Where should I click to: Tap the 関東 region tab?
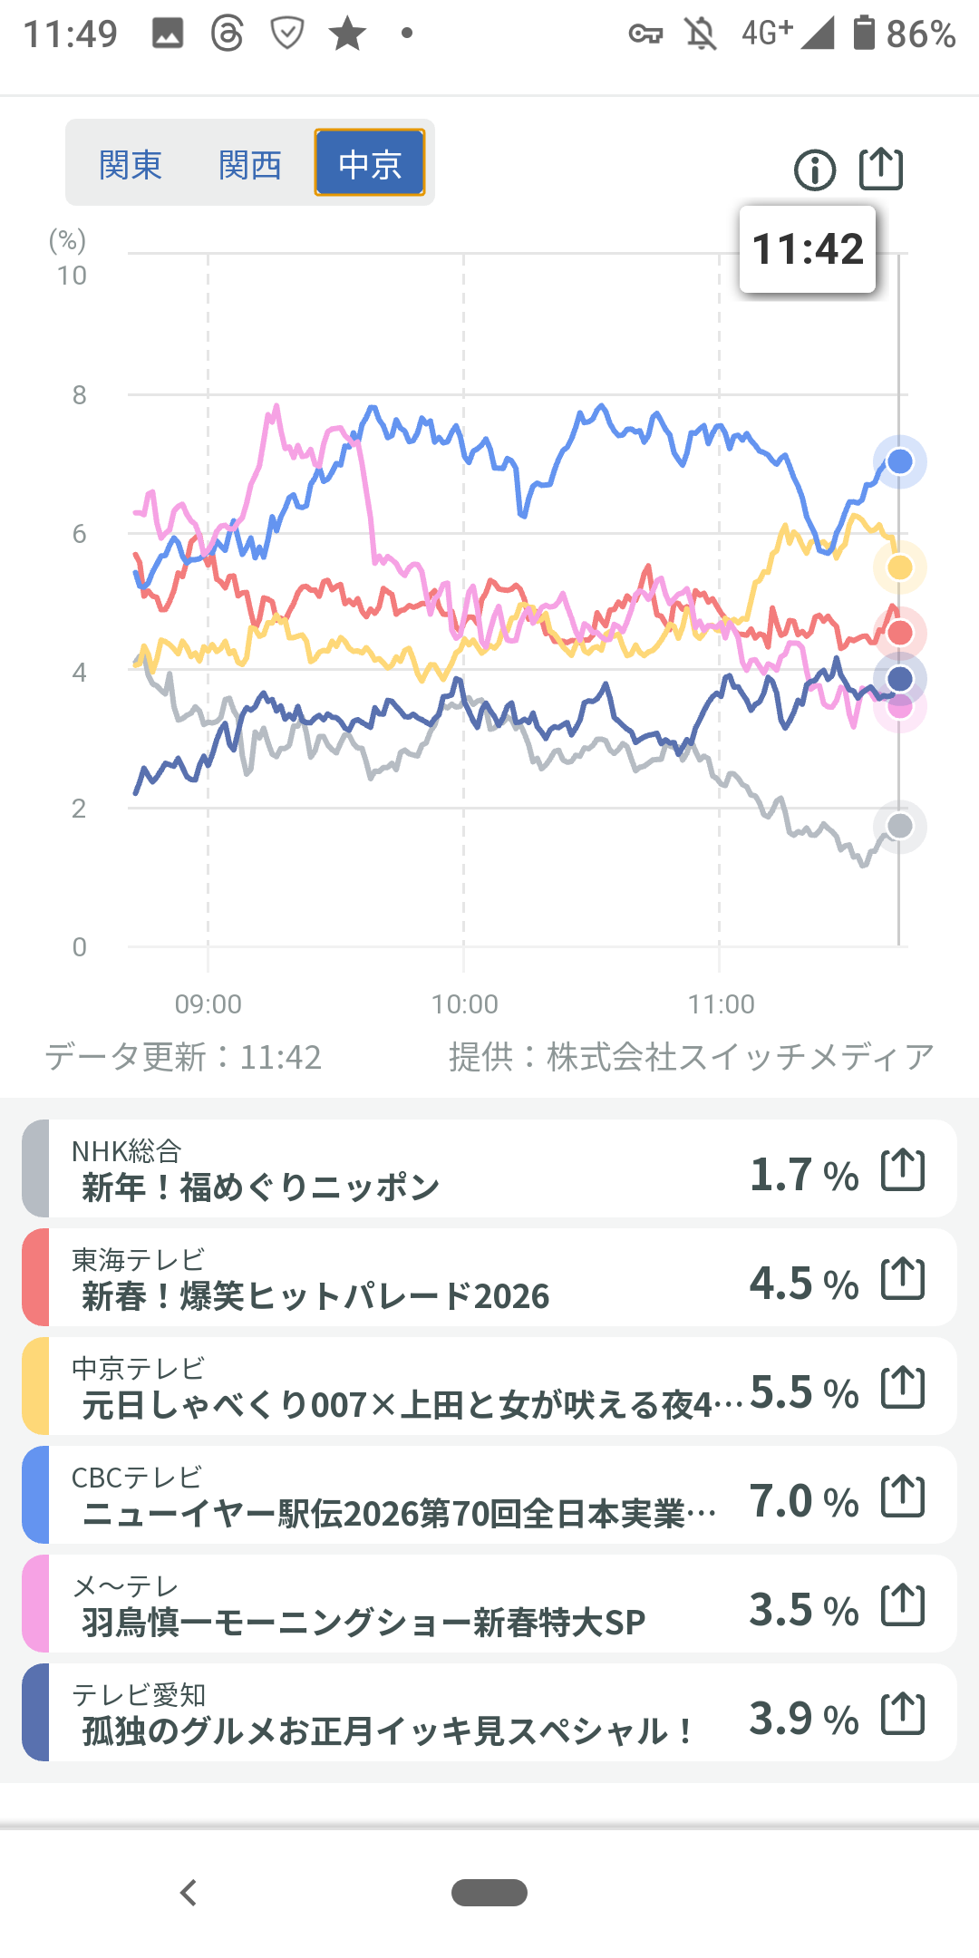(131, 164)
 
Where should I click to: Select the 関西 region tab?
(250, 164)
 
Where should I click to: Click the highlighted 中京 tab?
(370, 163)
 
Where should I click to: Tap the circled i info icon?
(815, 170)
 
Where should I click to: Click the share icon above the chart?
(881, 169)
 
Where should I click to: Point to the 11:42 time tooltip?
(808, 249)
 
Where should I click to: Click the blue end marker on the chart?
(899, 461)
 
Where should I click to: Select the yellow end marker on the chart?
(900, 567)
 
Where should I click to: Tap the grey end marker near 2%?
(900, 826)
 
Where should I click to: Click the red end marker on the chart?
(900, 633)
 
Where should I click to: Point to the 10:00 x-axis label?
(465, 1004)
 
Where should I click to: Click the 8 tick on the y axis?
(80, 395)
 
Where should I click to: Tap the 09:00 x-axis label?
(208, 1004)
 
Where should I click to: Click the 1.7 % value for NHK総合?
(804, 1175)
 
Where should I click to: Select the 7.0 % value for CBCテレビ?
(804, 1501)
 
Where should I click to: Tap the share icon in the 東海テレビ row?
(903, 1278)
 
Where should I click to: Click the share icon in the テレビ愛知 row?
(903, 1713)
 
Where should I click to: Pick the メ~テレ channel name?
(126, 1585)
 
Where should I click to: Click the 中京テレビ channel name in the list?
(139, 1368)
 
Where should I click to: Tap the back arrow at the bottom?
(189, 1893)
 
